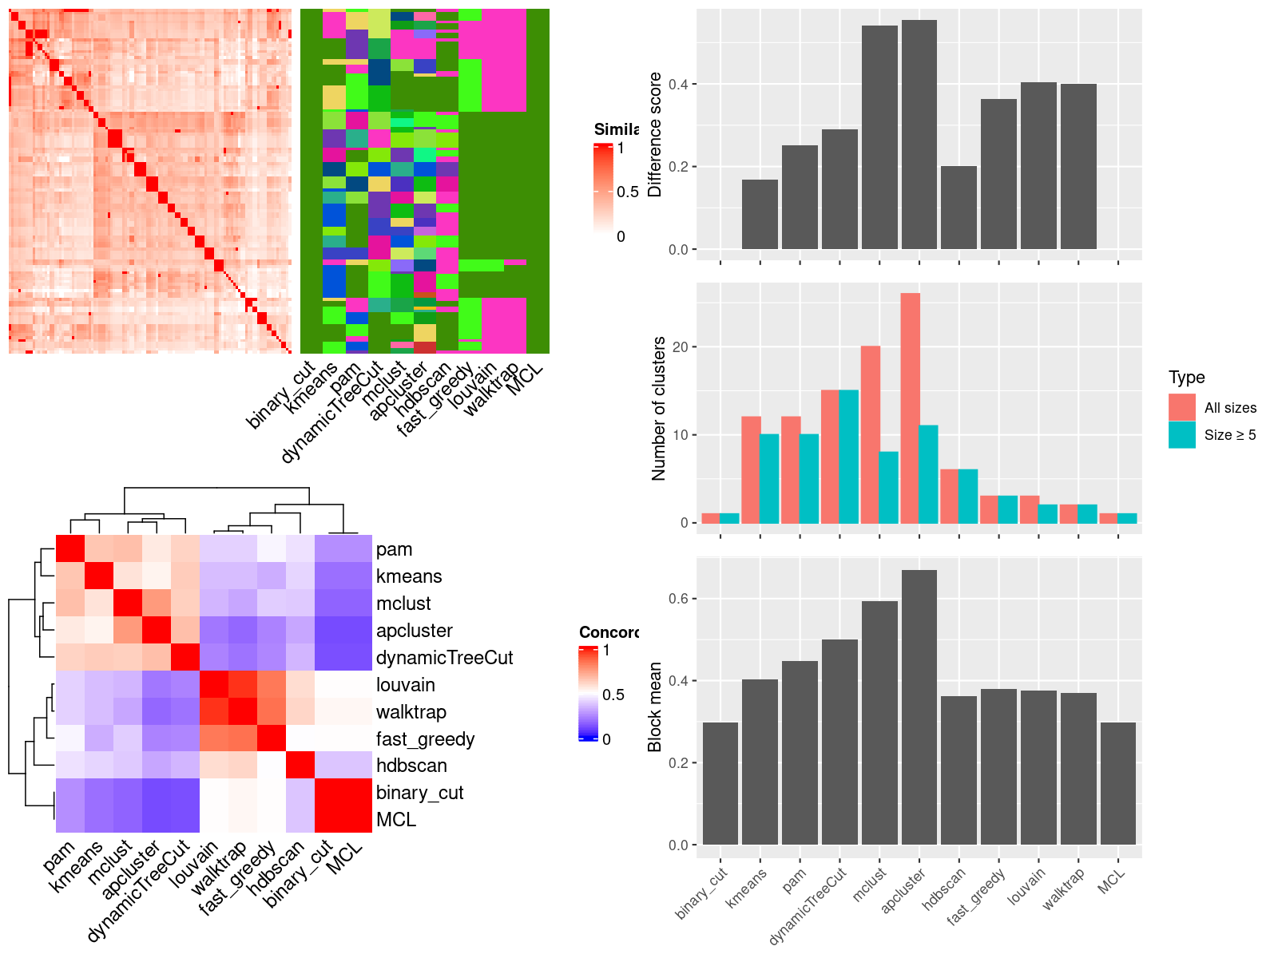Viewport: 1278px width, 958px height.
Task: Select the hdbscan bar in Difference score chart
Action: [x=958, y=208]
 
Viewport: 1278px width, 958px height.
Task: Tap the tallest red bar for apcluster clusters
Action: [x=910, y=408]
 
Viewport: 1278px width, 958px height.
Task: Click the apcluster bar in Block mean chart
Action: [x=919, y=707]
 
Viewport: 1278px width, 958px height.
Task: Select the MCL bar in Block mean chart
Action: [x=1117, y=783]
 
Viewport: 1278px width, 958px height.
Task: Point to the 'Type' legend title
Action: [x=1186, y=378]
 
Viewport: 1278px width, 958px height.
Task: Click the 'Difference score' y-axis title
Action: [x=655, y=134]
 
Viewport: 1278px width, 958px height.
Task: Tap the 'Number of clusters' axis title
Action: [x=658, y=408]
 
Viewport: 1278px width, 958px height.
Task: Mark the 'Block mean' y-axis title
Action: [x=655, y=707]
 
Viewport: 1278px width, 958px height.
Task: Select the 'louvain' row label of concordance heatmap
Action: [x=406, y=685]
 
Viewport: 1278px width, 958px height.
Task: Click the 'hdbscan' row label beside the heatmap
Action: [x=411, y=766]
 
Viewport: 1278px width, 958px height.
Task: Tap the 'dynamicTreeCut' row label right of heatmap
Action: [x=444, y=658]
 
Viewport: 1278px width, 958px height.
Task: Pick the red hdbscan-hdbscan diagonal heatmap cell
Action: [x=301, y=766]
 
